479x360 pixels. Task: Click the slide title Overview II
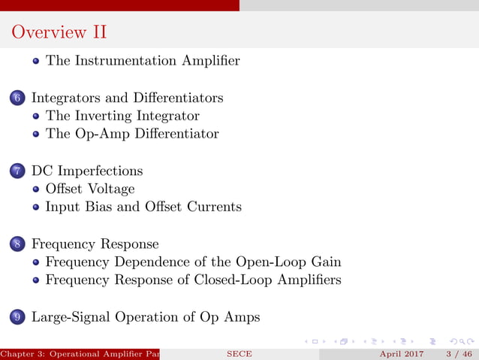(59, 32)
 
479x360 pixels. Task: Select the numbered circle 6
(18, 98)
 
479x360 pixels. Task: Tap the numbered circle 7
(18, 171)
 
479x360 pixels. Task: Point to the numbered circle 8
(18, 244)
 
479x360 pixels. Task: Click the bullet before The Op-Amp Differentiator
(36, 135)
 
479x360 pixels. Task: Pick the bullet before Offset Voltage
(36, 189)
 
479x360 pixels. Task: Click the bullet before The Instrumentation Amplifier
(36, 62)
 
